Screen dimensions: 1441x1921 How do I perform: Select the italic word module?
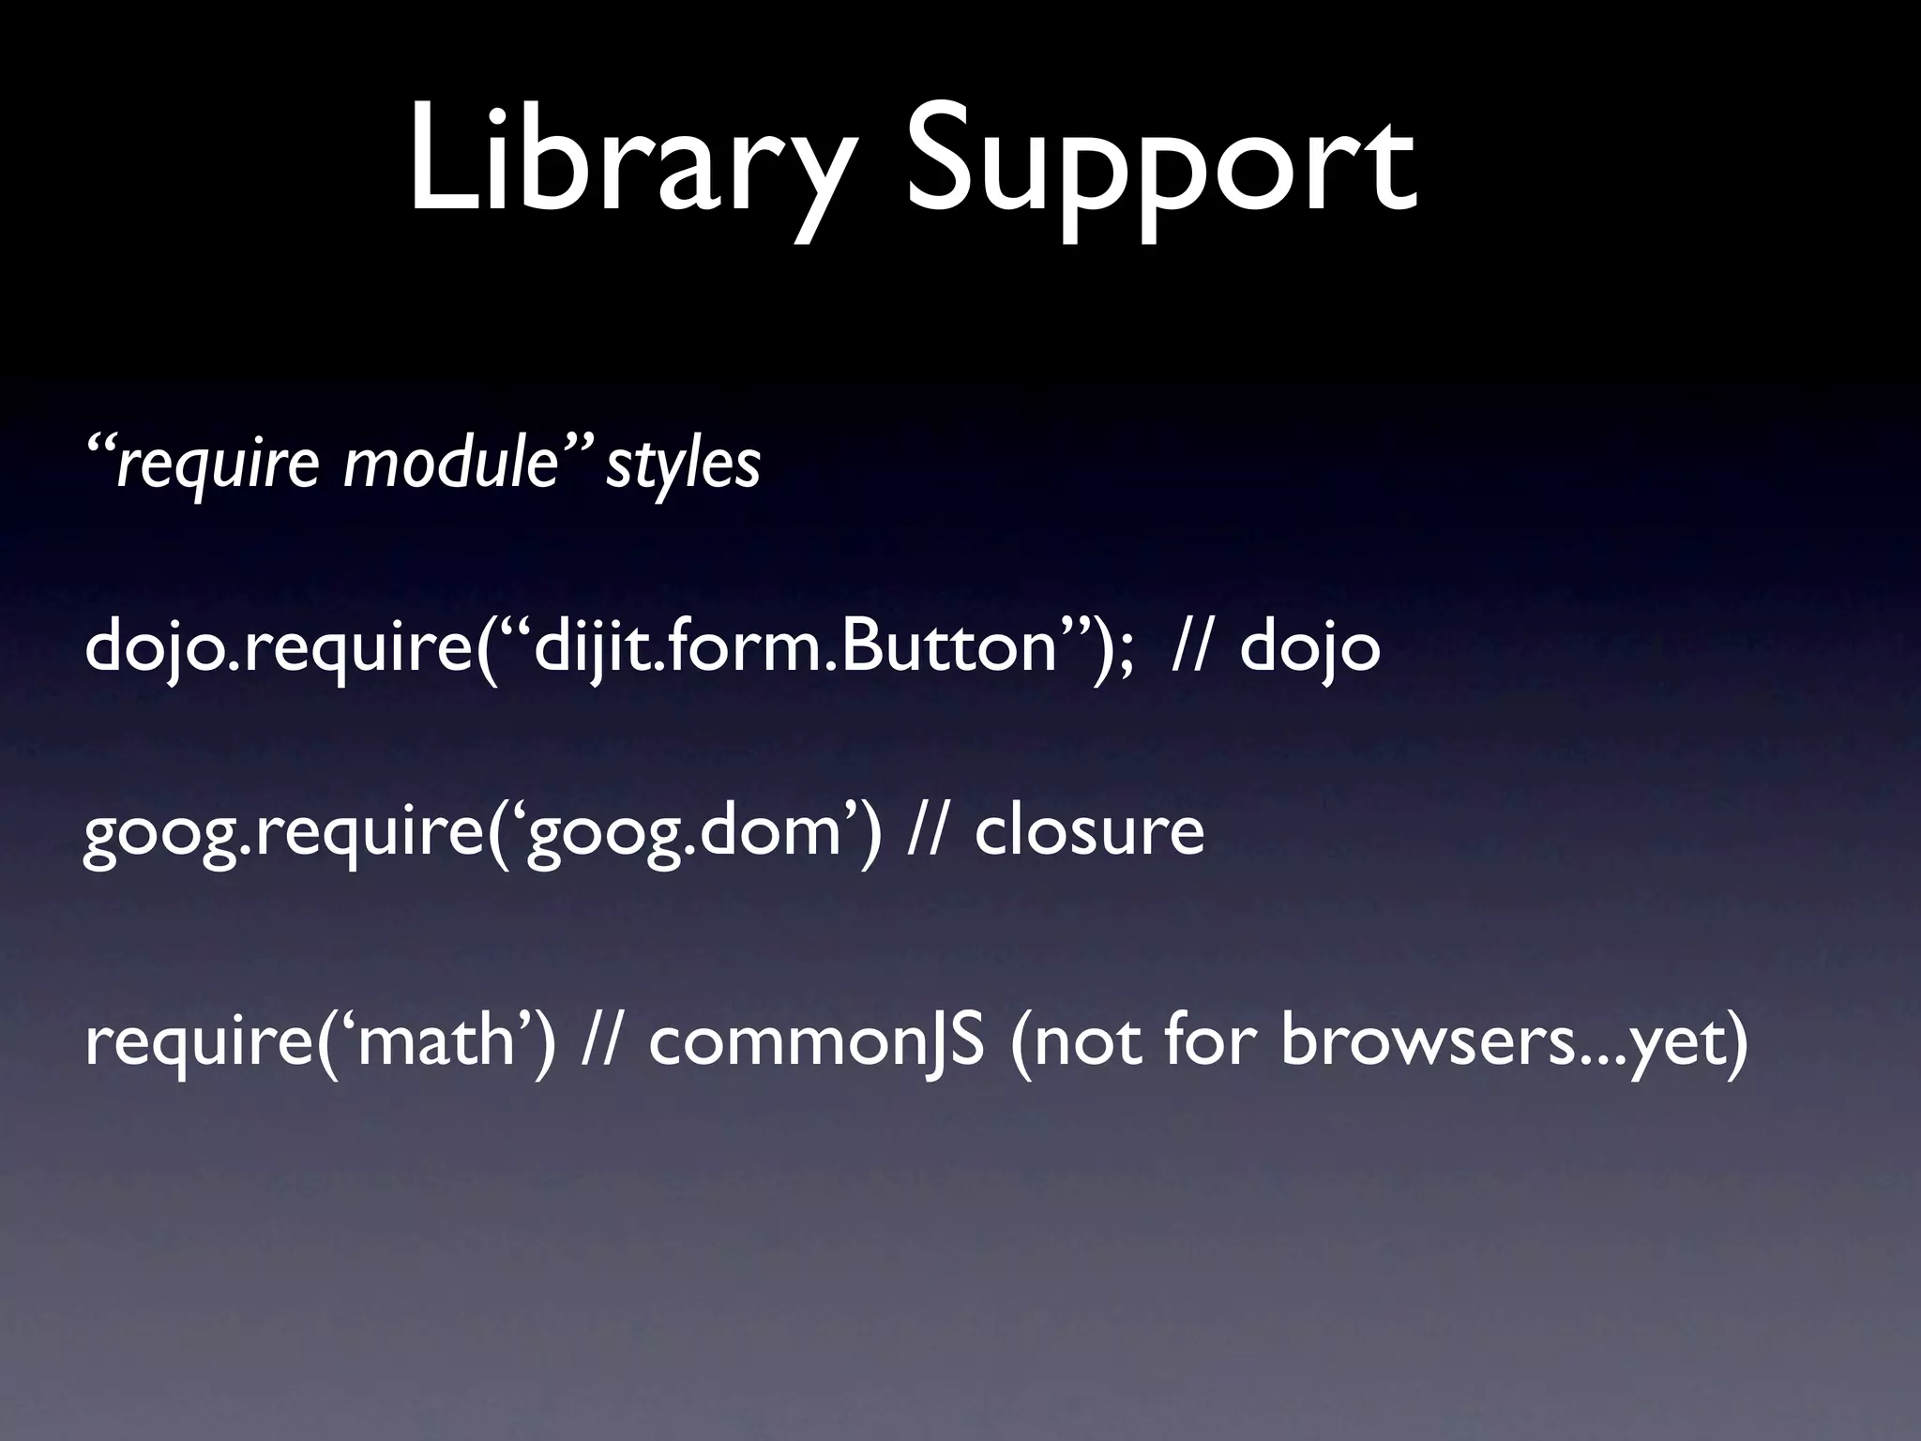450,463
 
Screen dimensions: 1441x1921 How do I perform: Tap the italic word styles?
683,463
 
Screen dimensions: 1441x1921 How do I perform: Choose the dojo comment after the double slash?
1310,647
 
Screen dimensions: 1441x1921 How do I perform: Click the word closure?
1089,830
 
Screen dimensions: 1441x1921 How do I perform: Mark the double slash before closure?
929,830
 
